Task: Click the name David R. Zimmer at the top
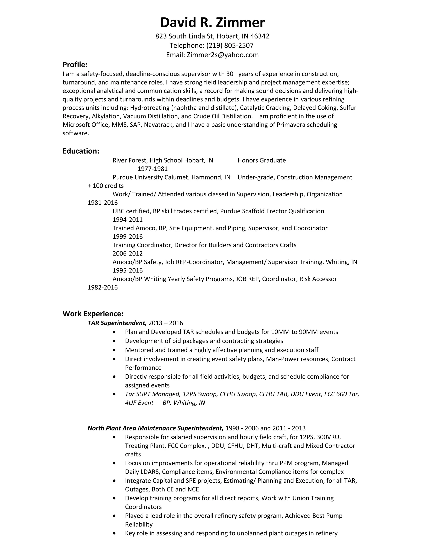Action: coord(212,22)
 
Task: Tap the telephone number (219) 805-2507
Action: coord(230,45)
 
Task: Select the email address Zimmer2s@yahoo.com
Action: coord(223,55)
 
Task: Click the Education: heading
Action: coord(81,151)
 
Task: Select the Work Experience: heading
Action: coord(93,314)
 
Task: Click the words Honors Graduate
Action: coord(262,160)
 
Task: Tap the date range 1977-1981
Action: coord(153,169)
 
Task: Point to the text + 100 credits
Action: coord(105,186)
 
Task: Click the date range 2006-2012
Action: coord(127,254)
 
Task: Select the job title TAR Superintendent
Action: coord(117,323)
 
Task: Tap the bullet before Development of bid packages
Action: coord(115,341)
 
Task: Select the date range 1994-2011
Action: coord(127,220)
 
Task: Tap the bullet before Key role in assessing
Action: coord(115,533)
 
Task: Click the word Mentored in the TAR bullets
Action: coord(138,350)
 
